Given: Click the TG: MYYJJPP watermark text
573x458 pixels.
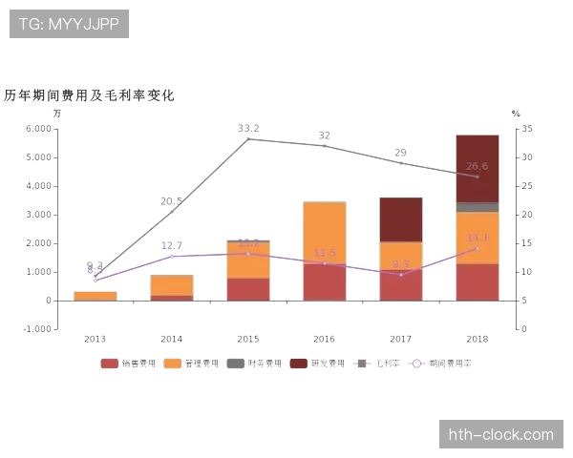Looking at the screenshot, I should tap(69, 24).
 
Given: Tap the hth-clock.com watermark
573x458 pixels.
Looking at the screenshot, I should tap(500, 435).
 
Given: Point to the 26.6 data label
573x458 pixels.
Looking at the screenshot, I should tap(477, 166).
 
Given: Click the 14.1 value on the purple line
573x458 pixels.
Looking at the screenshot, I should tap(477, 238).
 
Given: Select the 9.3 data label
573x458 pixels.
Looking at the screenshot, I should tap(400, 263).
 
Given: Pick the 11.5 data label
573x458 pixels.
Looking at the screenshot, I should tap(324, 252).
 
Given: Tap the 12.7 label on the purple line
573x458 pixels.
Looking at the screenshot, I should tap(171, 245).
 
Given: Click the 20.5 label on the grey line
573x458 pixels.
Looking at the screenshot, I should tap(171, 200).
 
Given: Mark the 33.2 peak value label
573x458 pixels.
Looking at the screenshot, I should tap(248, 128).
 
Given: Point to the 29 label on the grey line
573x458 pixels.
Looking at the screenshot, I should tap(400, 152).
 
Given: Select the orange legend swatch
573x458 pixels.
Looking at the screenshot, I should tap(172, 364).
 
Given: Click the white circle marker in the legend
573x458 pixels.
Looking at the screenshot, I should tap(416, 364).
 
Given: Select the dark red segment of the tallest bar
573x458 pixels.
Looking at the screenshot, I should tap(477, 169).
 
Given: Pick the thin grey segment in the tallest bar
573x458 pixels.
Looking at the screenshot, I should tap(477, 207).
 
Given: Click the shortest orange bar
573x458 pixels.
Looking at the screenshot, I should tap(95, 296).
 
